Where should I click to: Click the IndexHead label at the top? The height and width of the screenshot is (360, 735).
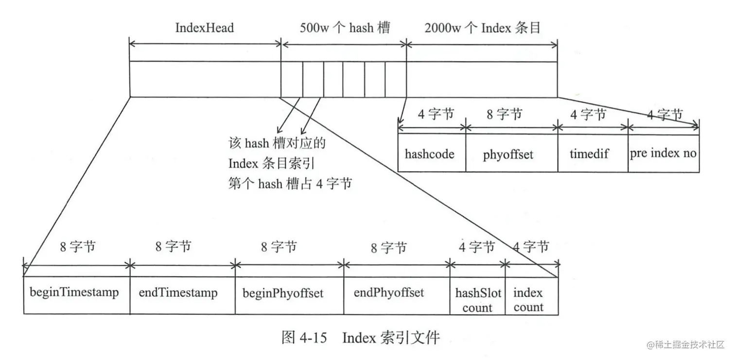204,28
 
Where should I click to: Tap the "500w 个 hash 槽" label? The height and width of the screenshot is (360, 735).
343,28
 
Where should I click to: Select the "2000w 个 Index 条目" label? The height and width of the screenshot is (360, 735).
482,28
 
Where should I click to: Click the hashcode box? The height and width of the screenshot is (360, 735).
430,154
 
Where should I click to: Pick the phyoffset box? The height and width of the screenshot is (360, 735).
508,154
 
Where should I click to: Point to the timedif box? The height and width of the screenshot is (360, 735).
589,154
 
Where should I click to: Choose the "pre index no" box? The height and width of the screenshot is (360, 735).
663,154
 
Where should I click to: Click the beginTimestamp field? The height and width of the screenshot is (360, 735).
74,292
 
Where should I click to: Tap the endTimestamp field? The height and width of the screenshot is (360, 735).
178,292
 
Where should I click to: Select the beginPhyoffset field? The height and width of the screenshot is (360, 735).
282,293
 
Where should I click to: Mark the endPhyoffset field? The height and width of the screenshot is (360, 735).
388,292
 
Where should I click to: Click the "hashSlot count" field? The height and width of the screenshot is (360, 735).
477,300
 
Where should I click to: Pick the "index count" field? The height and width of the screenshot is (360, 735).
528,300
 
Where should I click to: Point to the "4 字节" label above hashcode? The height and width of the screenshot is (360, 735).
436,115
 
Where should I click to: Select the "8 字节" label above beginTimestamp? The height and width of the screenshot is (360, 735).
78,247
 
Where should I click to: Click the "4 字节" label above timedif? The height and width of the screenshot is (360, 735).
588,115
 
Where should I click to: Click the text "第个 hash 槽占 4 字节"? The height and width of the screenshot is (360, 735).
290,184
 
